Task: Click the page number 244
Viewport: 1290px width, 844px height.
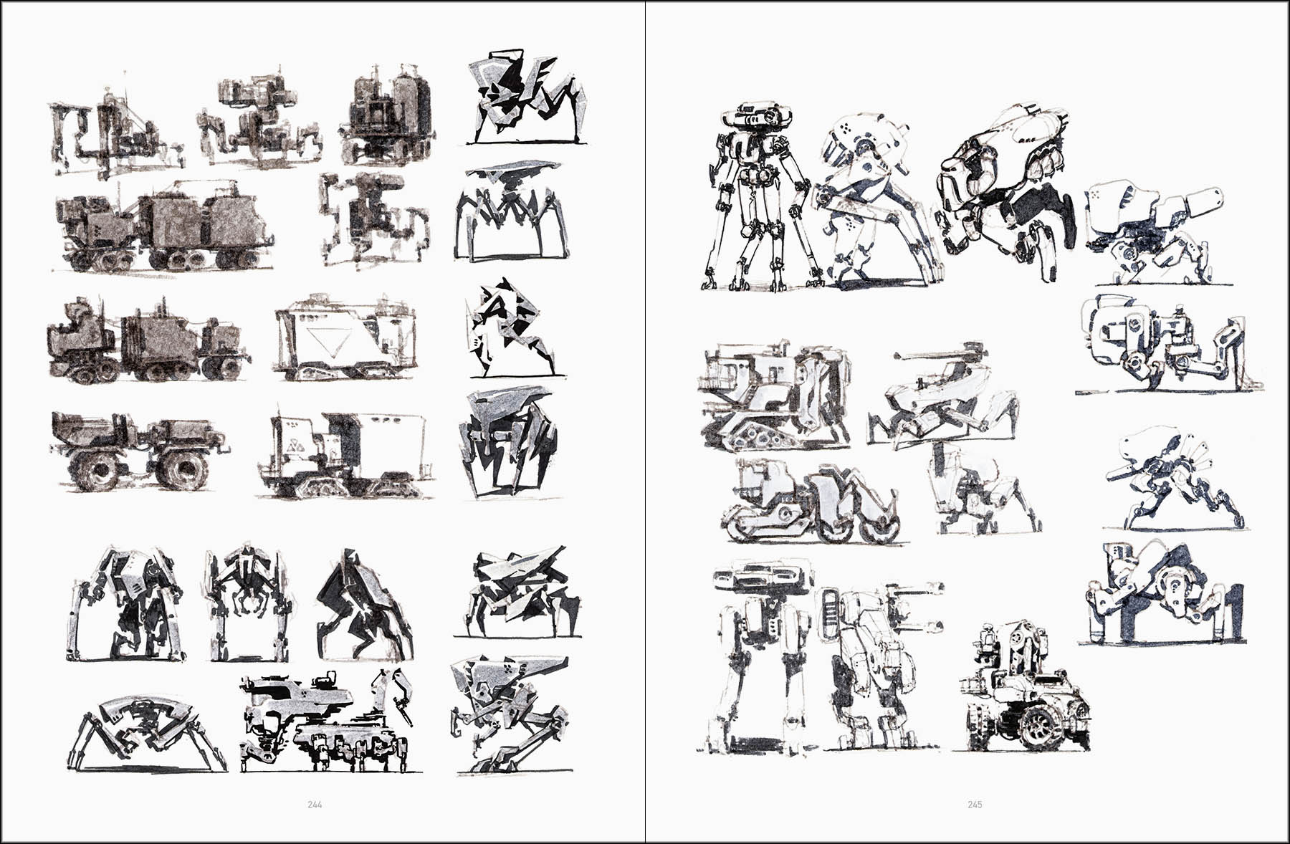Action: click(x=315, y=805)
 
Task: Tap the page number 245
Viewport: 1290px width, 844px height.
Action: click(x=975, y=805)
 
